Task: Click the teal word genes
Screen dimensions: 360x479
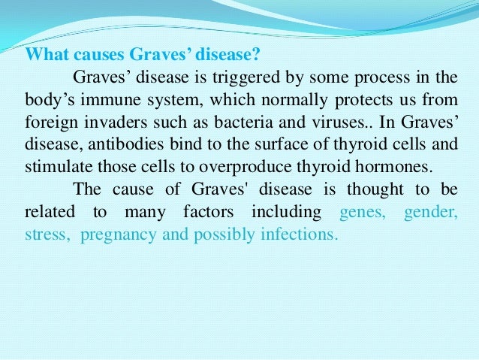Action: tap(363, 213)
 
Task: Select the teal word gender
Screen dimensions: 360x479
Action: tap(429, 213)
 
